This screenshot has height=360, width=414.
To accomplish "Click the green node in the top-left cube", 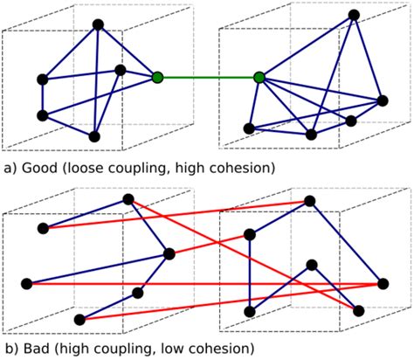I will [x=157, y=78].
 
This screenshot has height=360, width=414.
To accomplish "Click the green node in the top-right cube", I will [x=259, y=78].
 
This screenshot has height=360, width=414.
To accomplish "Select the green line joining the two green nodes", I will [x=208, y=78].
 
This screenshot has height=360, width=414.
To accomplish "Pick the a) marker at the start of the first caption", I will [x=10, y=166].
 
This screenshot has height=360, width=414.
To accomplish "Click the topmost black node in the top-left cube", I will [x=98, y=24].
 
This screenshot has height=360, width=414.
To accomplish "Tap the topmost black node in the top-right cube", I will [x=353, y=15].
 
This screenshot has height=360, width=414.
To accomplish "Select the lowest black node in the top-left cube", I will [x=94, y=136].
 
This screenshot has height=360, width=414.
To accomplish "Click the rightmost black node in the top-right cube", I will [x=380, y=100].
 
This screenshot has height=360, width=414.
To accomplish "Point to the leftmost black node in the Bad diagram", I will [x=26, y=283].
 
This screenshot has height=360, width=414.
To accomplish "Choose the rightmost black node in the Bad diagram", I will [x=382, y=283].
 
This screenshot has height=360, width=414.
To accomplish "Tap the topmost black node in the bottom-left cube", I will [x=128, y=200].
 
